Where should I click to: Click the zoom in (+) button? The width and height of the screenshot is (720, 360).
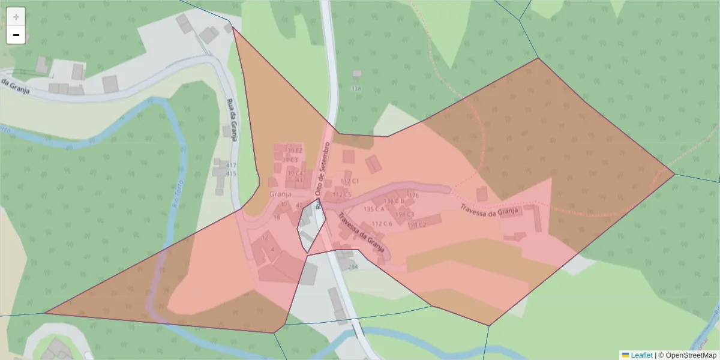click(16, 17)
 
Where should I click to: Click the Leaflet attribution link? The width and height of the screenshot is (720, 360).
click(641, 355)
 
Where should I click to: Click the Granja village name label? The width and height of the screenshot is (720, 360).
click(280, 194)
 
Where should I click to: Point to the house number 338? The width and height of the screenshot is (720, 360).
click(356, 89)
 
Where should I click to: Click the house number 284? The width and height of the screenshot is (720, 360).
click(353, 266)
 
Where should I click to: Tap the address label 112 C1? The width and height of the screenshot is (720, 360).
click(350, 181)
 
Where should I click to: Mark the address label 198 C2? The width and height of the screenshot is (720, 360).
click(416, 225)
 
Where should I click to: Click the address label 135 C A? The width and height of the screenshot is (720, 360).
click(375, 209)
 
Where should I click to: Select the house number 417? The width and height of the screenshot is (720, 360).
click(231, 166)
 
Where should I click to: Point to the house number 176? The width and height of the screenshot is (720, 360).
click(413, 196)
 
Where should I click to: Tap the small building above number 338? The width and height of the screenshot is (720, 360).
click(357, 73)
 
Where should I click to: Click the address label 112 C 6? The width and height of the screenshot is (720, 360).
click(382, 224)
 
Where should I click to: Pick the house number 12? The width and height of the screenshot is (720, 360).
click(265, 238)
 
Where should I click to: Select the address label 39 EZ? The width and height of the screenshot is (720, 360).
click(294, 150)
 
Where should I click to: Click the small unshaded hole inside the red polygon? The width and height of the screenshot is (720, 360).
click(311, 227)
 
